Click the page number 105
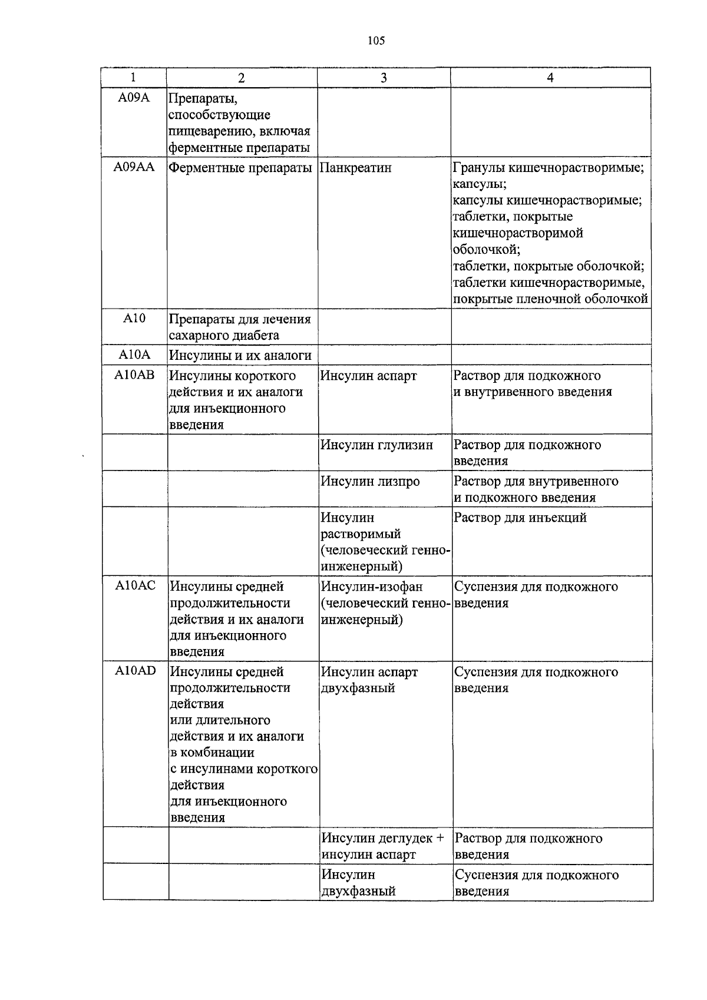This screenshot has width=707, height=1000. click(376, 41)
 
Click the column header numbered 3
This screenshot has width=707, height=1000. click(384, 78)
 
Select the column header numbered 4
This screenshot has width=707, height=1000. click(550, 78)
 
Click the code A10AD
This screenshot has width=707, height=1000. click(136, 671)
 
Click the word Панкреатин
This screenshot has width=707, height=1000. click(356, 168)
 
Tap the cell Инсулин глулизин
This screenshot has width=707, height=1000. click(376, 445)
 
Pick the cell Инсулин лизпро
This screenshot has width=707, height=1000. click(370, 482)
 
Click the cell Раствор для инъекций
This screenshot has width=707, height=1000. click(520, 518)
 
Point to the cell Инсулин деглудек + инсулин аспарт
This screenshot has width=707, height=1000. click(382, 846)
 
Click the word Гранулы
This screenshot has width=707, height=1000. click(479, 168)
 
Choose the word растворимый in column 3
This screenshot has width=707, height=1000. click(361, 534)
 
